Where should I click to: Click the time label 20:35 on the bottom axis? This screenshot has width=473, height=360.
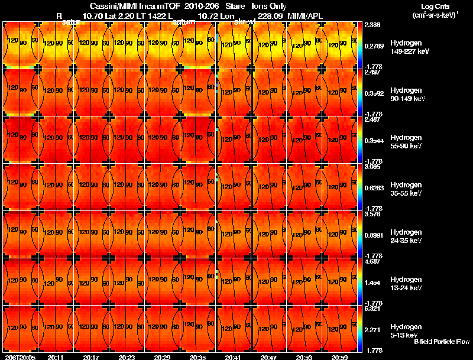click(x=197, y=357)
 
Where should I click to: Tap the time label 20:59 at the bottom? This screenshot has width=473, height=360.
click(x=339, y=357)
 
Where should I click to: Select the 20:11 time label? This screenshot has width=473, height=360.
click(x=56, y=357)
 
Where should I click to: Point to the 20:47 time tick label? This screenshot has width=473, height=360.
click(x=268, y=357)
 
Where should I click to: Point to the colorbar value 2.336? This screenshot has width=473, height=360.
click(x=372, y=24)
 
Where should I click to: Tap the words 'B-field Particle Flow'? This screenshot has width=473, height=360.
click(x=441, y=342)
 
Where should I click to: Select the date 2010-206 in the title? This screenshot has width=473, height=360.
click(x=201, y=6)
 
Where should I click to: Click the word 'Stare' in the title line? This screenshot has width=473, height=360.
click(x=235, y=6)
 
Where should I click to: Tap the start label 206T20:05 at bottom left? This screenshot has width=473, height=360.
click(x=20, y=357)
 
